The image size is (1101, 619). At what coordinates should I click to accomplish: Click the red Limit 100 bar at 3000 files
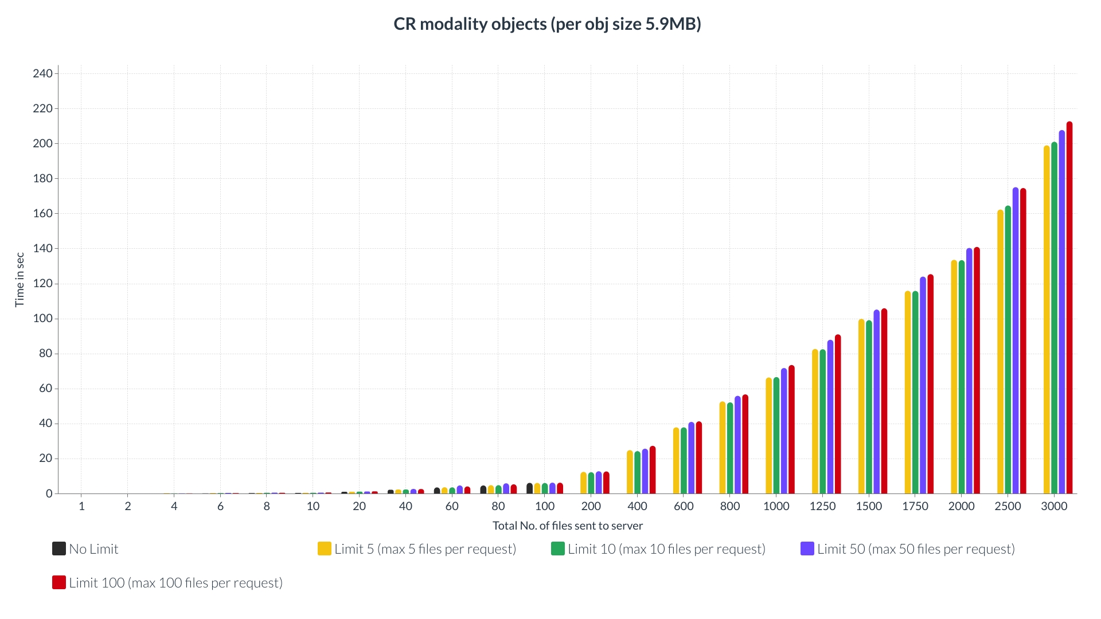tap(1069, 308)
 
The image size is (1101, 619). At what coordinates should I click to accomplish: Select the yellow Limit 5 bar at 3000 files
tap(1047, 320)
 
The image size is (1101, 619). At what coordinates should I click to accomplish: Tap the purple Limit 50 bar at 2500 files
tap(1016, 340)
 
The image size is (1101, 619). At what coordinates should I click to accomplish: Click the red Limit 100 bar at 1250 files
tap(838, 414)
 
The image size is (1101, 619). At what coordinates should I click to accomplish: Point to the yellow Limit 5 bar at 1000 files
tap(768, 436)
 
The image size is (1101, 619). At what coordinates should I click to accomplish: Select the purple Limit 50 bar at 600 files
tap(691, 458)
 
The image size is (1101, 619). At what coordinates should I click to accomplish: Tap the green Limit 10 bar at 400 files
tap(637, 472)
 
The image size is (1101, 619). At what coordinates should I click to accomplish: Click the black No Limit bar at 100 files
tap(529, 488)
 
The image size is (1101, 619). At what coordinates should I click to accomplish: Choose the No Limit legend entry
tap(85, 549)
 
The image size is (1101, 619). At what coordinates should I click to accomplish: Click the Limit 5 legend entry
tap(417, 549)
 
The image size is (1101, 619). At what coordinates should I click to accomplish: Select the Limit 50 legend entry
tap(908, 549)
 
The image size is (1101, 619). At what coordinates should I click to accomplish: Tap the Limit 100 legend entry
tap(167, 583)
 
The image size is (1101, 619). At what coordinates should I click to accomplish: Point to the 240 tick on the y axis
tap(42, 73)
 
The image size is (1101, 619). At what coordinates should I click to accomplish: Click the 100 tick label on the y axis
tap(42, 319)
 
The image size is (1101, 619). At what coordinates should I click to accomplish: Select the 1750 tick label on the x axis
tap(915, 506)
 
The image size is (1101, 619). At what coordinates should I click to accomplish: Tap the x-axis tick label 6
tap(220, 506)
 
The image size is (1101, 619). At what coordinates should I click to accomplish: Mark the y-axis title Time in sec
tap(19, 280)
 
